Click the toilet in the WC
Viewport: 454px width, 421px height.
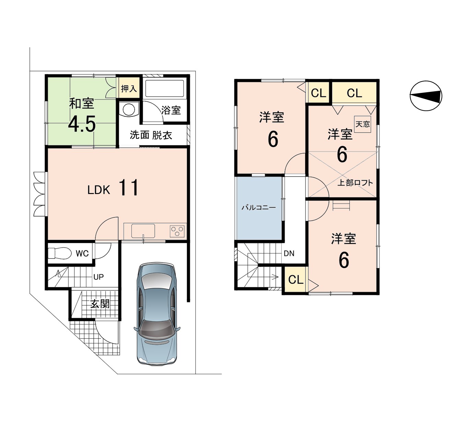coord(59,253)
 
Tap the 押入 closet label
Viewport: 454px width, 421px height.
coord(129,89)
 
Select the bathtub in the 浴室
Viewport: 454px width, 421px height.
coord(165,88)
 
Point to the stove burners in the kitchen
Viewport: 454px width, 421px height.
coord(177,231)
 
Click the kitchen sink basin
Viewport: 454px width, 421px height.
coord(143,231)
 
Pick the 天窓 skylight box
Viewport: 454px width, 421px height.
coord(363,124)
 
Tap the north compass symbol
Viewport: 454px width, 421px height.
coord(426,96)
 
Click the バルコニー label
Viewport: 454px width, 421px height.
coord(259,208)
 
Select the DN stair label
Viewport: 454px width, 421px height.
coord(289,253)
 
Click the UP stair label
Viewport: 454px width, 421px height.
coord(98,277)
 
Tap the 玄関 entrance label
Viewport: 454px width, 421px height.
coord(100,304)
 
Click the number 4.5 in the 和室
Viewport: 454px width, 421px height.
coord(82,124)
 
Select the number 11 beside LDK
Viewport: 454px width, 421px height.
coord(129,188)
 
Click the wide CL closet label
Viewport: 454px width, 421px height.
coord(354,93)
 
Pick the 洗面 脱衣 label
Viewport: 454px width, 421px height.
coord(151,135)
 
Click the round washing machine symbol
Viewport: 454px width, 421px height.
coord(129,109)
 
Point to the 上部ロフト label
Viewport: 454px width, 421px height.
coord(355,183)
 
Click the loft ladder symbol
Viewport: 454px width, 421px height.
coord(341,205)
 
